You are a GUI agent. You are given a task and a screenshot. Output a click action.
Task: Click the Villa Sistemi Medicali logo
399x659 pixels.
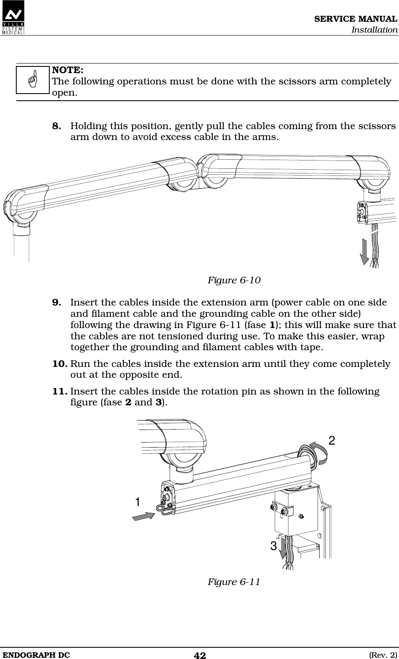13,18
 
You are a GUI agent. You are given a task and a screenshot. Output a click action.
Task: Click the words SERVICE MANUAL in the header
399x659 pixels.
356,19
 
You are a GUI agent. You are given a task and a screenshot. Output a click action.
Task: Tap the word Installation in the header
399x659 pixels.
374,30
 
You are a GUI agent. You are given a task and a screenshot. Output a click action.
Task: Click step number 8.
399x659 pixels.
58,126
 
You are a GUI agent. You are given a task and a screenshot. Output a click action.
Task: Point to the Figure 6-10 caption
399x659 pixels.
234,280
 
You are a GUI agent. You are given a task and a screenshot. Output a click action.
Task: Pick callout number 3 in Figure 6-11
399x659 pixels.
273,546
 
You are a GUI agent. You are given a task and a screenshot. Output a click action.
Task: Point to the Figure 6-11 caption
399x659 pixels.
234,582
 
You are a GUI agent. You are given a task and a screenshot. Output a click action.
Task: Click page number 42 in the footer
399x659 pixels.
200,655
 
